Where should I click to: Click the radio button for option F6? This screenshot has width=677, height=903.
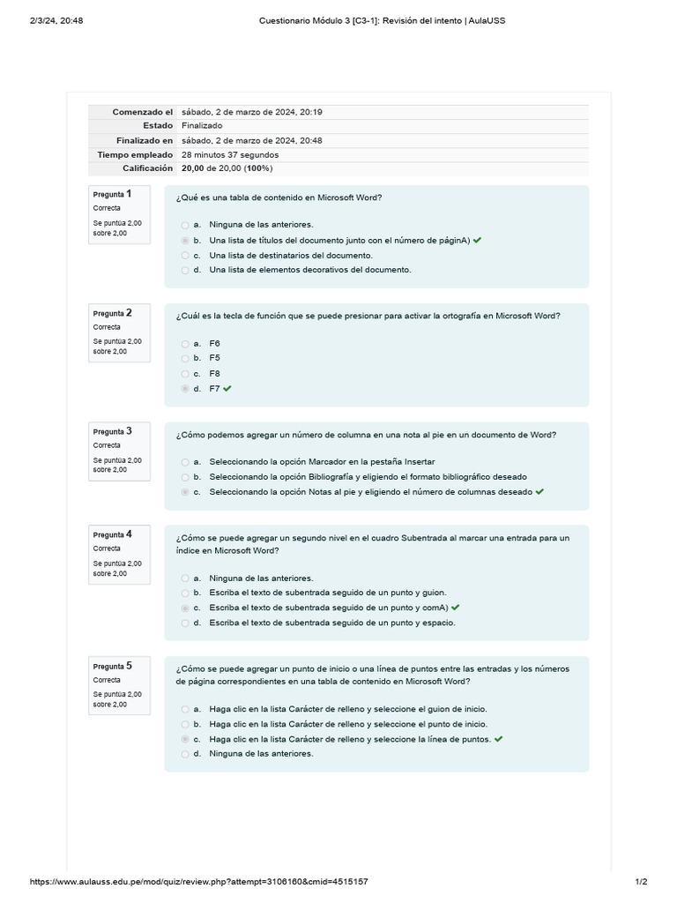tap(184, 344)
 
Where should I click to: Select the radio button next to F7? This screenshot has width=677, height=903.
tap(184, 389)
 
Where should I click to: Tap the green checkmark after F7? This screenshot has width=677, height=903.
tap(227, 389)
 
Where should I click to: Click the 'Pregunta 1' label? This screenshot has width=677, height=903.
tap(113, 195)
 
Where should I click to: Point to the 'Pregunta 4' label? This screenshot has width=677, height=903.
tap(113, 534)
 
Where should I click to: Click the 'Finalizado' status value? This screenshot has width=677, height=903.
tap(202, 126)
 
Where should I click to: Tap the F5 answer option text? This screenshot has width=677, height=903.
tap(214, 358)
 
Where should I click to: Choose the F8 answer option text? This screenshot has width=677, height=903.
tap(214, 374)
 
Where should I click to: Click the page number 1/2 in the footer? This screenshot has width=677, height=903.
tap(641, 882)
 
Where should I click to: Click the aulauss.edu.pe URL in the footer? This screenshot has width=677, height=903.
tap(198, 882)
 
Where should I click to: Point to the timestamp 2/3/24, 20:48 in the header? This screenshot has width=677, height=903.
tap(56, 20)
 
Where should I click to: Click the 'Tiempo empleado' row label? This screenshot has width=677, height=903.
tap(135, 154)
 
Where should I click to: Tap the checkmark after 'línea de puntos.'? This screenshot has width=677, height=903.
tap(499, 739)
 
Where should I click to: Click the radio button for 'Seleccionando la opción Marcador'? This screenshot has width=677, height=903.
tap(184, 462)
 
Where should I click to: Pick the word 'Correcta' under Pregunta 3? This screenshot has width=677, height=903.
tap(107, 445)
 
